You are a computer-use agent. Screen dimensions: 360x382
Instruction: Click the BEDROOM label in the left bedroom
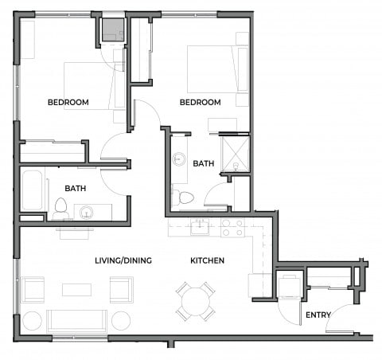[68, 102]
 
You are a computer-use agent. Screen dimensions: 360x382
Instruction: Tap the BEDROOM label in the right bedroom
[200, 103]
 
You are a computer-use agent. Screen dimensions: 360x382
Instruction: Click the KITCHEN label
[207, 260]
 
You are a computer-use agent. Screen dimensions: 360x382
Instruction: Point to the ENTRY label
[318, 315]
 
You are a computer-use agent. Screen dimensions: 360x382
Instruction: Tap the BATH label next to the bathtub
[76, 190]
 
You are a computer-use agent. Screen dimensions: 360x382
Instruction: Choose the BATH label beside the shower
[204, 163]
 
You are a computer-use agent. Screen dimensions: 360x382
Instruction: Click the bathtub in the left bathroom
[33, 191]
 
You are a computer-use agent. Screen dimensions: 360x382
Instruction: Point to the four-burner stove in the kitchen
[232, 229]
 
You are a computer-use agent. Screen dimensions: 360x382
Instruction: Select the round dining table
[196, 302]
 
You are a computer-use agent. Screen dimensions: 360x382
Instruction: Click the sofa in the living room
[76, 321]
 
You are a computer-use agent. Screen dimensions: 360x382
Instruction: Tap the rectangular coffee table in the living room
[76, 290]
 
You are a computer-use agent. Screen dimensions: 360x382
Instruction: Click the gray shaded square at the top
[112, 29]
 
